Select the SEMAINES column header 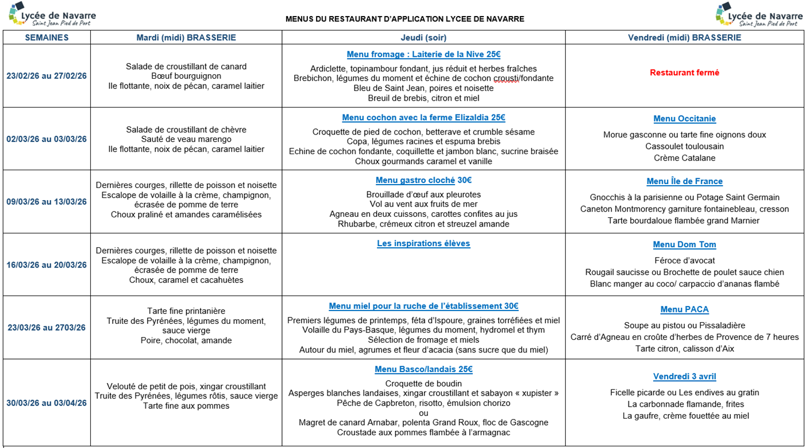point(47,37)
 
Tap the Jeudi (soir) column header point(423,37)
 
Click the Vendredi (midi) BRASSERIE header point(684,37)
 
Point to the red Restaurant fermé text point(684,72)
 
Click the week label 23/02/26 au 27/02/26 point(47,76)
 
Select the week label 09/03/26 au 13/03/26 point(47,202)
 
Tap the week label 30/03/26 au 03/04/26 point(47,403)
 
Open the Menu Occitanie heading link point(684,119)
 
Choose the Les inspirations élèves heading point(423,243)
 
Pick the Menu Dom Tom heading point(684,244)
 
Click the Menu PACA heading point(684,309)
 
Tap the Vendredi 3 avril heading point(684,377)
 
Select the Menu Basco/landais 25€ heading point(423,369)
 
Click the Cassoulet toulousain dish point(684,146)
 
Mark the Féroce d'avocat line point(684,261)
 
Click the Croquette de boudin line point(423,384)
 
